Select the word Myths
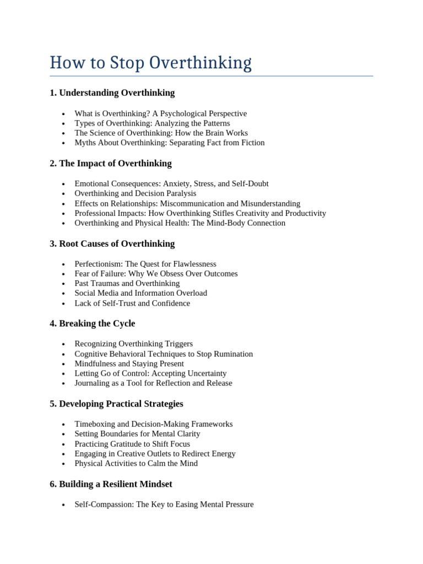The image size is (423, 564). [x=85, y=143]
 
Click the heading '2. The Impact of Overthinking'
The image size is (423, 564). [x=111, y=164]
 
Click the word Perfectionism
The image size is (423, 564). [x=98, y=264]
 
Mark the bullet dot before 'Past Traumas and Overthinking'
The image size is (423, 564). [x=64, y=284]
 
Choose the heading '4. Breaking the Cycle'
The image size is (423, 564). [x=93, y=323]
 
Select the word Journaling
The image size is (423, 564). [x=93, y=383]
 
